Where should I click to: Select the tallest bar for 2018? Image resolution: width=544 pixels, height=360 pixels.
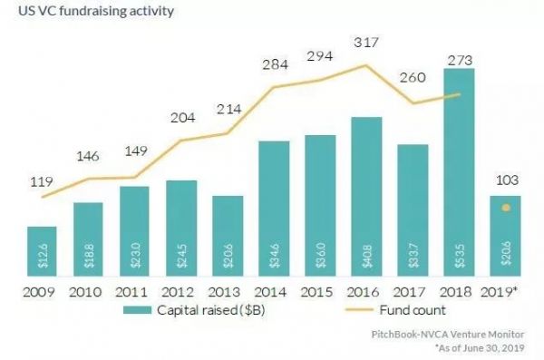pyautogui.click(x=458, y=172)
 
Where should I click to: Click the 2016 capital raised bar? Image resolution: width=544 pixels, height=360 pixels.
pyautogui.click(x=365, y=195)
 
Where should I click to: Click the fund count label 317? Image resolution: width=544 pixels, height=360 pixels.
pyautogui.click(x=365, y=43)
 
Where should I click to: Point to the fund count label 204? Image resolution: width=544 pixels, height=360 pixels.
pyautogui.click(x=180, y=118)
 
